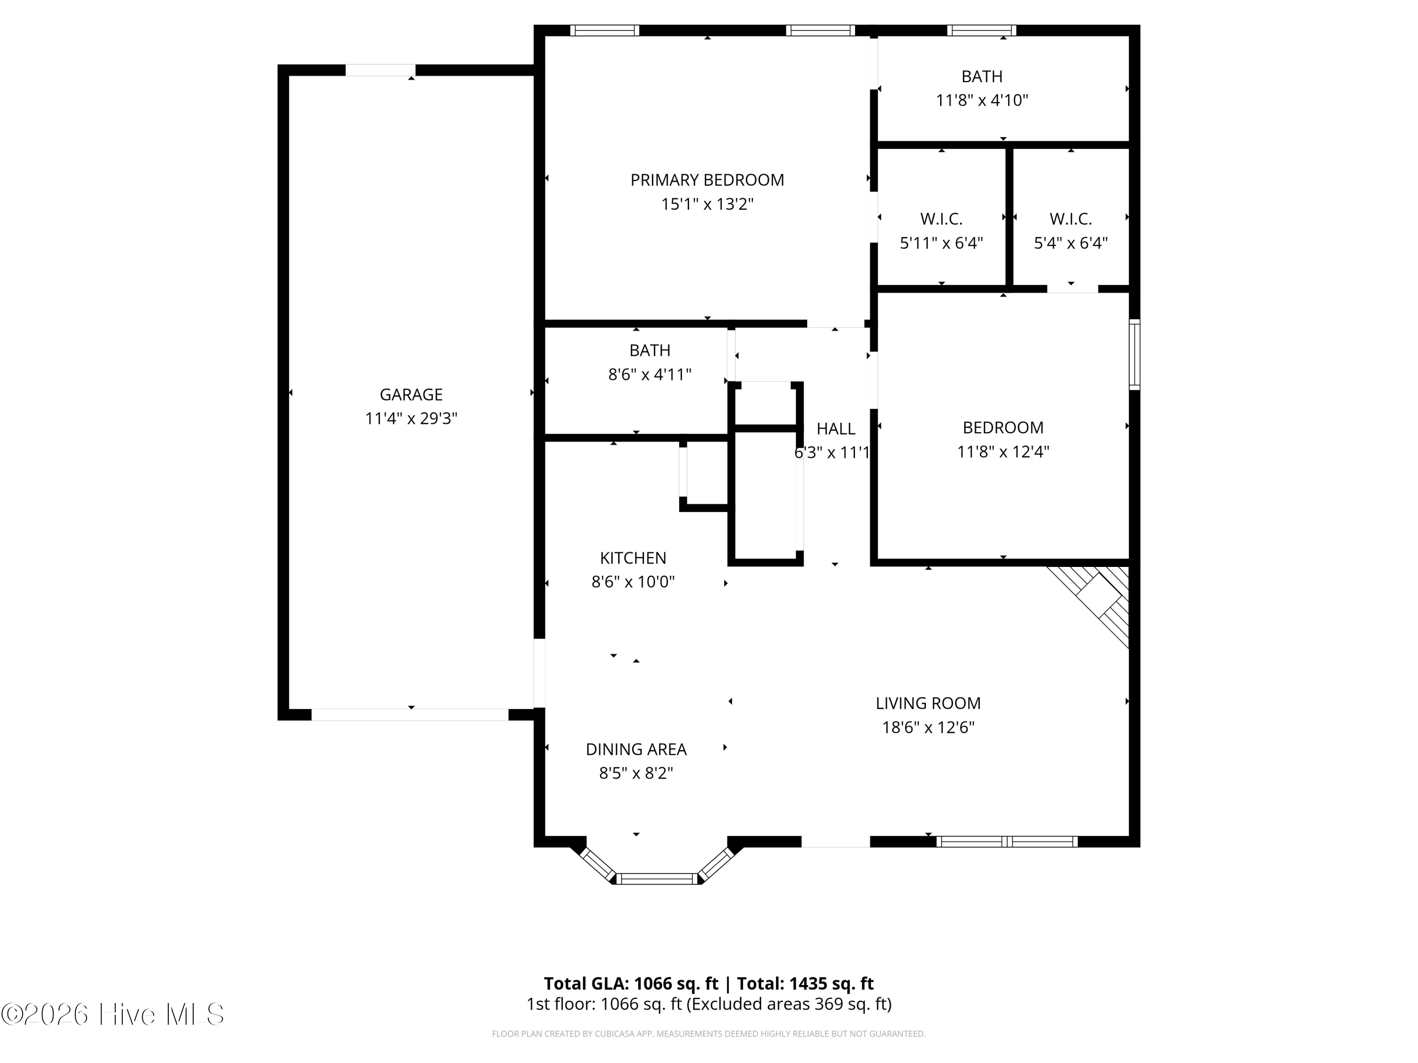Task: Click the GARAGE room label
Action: point(411,394)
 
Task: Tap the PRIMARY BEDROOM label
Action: point(707,180)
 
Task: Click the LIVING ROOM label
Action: point(928,703)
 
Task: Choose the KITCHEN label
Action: point(633,558)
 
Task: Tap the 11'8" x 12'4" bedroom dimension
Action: point(1003,452)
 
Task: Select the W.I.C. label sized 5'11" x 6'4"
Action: point(941,219)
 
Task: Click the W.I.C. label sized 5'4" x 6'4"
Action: point(1071,219)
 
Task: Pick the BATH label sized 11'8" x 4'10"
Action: point(981,76)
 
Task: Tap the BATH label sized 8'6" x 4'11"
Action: point(649,351)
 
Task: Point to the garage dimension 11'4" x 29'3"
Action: point(411,419)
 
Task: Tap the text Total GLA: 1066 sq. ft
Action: point(631,984)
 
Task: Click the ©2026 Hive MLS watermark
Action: point(113,1014)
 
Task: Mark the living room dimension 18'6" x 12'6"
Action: point(928,727)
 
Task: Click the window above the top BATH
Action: point(981,30)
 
